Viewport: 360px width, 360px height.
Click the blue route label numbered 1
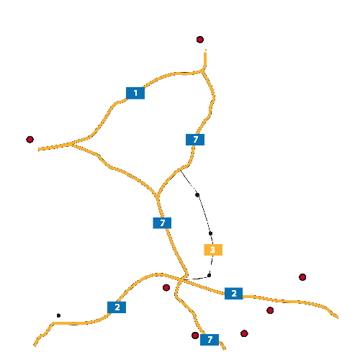click(x=135, y=93)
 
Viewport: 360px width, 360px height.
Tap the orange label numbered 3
click(x=213, y=250)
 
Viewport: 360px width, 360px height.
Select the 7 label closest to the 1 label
click(x=195, y=140)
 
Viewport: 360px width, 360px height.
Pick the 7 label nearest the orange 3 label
click(x=162, y=223)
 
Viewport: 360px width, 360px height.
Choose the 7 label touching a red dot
click(x=210, y=340)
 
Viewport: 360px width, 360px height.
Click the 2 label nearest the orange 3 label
click(x=234, y=293)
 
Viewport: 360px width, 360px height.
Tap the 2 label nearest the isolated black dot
click(x=117, y=307)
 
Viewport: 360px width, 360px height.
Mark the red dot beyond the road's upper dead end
click(x=200, y=40)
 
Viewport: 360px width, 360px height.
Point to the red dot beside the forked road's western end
click(x=30, y=140)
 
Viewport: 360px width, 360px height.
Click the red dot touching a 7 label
click(x=195, y=336)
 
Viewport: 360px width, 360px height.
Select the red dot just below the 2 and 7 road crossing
click(x=166, y=287)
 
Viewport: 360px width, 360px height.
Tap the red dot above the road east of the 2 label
click(x=302, y=277)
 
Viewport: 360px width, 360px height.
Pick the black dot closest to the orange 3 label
click(x=210, y=233)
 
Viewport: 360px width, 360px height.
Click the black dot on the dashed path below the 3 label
click(x=209, y=275)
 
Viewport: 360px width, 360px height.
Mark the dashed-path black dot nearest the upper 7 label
click(x=197, y=195)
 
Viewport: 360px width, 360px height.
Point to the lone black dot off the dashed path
click(x=58, y=315)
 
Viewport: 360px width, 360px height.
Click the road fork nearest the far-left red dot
click(x=71, y=144)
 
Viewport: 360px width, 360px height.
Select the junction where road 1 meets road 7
click(x=203, y=71)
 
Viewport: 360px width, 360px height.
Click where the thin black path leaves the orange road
click(x=181, y=171)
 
